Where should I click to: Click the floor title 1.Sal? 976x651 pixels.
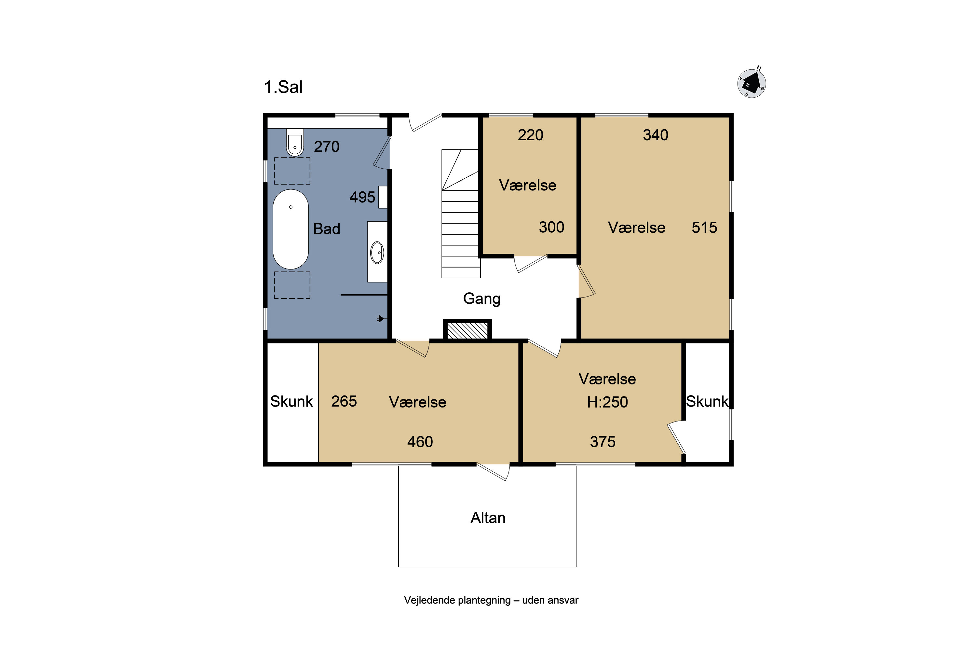click(x=283, y=87)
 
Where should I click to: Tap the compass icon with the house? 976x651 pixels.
click(x=752, y=83)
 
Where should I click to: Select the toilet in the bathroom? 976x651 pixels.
click(x=295, y=142)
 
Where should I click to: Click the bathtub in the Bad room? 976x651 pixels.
click(x=291, y=229)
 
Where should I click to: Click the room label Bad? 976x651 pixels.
click(x=327, y=229)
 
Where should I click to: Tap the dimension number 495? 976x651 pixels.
click(x=362, y=197)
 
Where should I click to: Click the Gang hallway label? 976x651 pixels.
click(x=482, y=299)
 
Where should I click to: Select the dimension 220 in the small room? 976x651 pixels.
click(x=530, y=135)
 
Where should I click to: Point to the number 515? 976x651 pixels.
click(x=704, y=228)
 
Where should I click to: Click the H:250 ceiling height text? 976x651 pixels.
click(x=607, y=402)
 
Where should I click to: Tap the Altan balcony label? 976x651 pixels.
click(x=488, y=518)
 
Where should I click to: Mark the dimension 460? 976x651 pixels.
click(x=420, y=442)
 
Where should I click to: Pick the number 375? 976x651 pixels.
click(x=603, y=442)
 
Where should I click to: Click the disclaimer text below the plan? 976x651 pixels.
click(x=491, y=600)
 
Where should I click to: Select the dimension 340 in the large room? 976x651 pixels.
click(x=656, y=135)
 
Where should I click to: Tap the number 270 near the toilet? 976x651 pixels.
click(x=327, y=146)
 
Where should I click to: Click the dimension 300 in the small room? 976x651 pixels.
click(x=551, y=227)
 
